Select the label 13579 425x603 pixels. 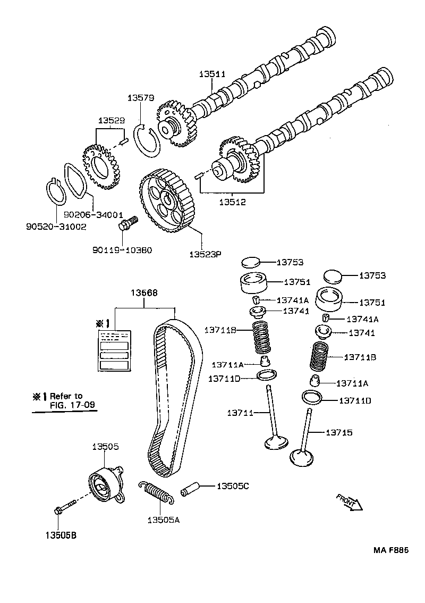click(141, 98)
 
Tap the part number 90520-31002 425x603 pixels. click(56, 227)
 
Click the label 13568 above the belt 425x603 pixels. click(145, 293)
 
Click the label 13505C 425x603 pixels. click(233, 485)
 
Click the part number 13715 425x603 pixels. click(339, 433)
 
